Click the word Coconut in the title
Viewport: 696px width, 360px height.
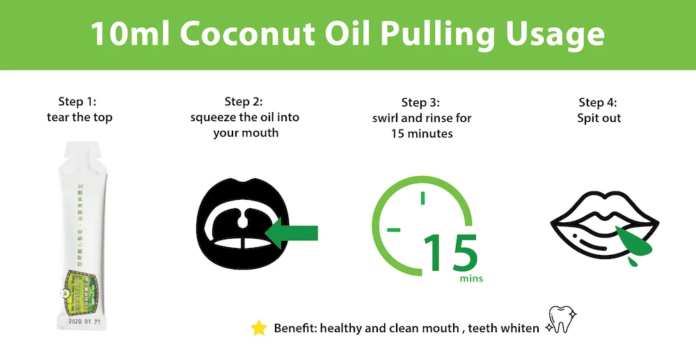(x=256, y=34)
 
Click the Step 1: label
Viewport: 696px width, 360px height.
(x=79, y=102)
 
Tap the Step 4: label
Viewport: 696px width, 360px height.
(x=599, y=102)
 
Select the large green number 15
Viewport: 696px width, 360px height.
(x=450, y=253)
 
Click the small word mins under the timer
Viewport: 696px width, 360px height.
(x=471, y=279)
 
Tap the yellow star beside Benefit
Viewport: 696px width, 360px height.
(x=259, y=328)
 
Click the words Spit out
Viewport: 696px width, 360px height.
(x=599, y=118)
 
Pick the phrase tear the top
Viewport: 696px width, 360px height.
(x=79, y=117)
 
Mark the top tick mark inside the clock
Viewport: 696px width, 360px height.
(x=422, y=198)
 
